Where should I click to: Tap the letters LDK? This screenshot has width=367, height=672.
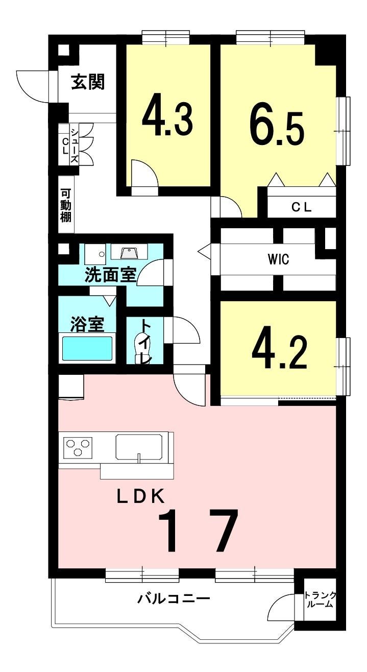(141, 496)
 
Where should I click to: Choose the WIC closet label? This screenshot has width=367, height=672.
(279, 259)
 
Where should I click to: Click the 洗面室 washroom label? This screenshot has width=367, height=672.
(111, 275)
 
